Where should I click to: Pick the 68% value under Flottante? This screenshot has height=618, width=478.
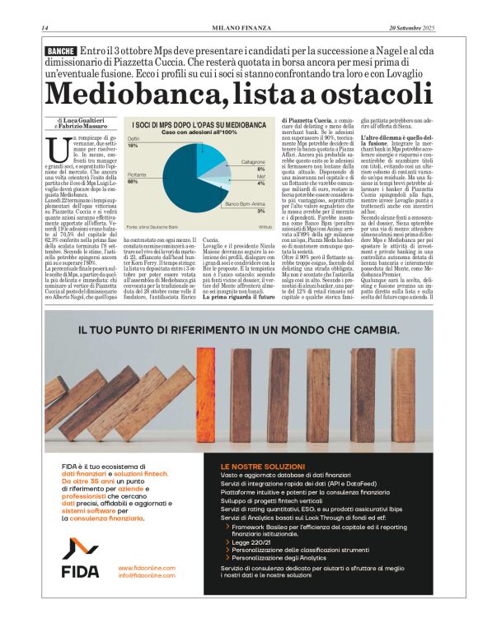[133, 181]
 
